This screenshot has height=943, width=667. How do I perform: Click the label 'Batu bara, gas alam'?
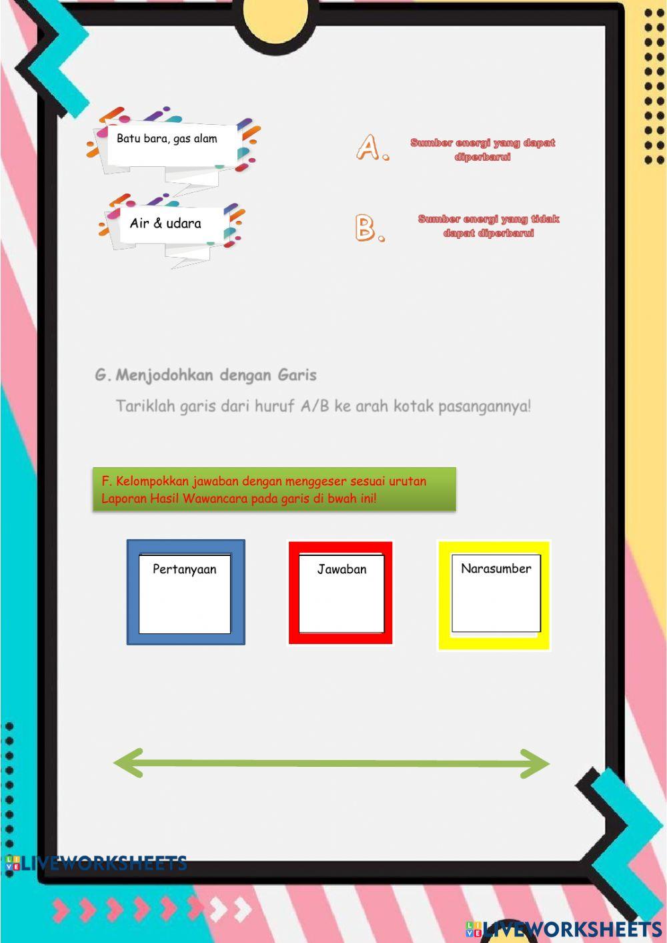167,139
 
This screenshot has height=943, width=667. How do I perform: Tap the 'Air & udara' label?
165,224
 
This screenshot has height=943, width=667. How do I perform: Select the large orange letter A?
370,147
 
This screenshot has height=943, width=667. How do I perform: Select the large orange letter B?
368,228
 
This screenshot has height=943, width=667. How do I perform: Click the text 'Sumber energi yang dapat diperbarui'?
482,149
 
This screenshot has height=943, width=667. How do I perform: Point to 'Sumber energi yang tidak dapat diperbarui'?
488,226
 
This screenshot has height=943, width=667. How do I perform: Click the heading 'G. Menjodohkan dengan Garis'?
205,375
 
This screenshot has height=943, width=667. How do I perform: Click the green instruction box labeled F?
273,489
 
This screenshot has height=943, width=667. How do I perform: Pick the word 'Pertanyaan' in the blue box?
185,569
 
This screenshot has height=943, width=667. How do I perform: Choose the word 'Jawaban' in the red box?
342,569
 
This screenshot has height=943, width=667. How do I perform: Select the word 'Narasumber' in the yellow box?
496,569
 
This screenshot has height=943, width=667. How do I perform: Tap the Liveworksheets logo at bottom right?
564,928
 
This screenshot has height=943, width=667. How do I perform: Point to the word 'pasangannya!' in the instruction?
484,406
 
